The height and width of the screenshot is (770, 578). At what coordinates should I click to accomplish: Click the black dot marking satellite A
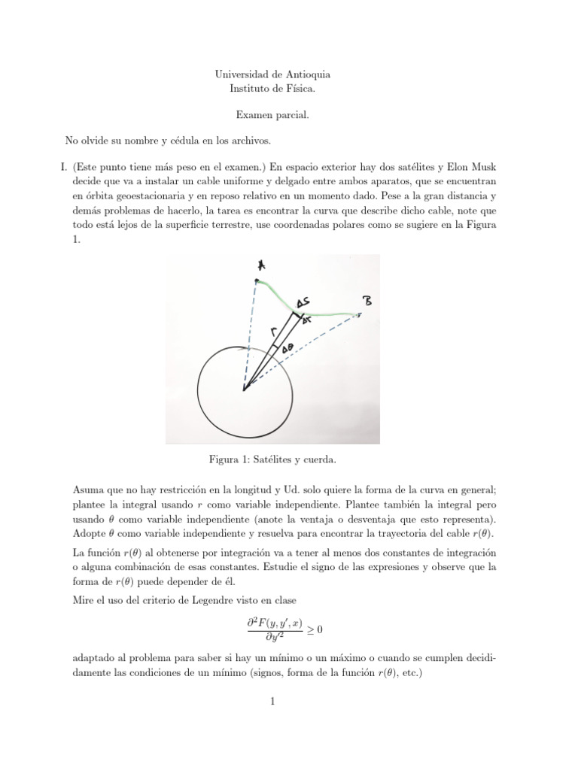pyautogui.click(x=257, y=281)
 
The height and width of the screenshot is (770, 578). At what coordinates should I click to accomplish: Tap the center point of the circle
pyautogui.click(x=244, y=388)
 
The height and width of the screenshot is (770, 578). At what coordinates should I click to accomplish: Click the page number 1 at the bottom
pyautogui.click(x=273, y=703)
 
